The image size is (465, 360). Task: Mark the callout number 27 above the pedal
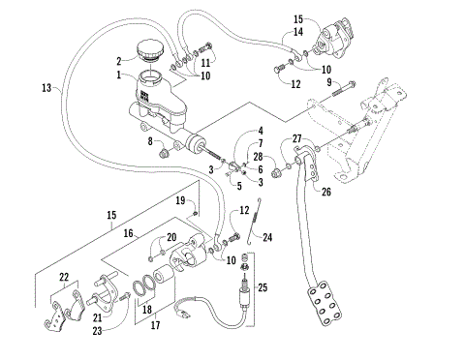coord(298,138)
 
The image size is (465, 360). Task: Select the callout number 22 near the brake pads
coord(64,277)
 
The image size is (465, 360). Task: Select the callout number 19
coord(180,199)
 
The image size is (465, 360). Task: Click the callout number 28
coord(260,156)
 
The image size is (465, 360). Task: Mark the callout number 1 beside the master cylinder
coord(118,75)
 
